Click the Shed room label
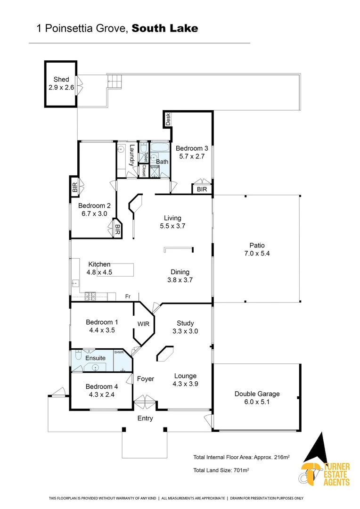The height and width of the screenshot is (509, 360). tap(61, 80)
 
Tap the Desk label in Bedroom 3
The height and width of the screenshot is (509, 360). tap(168, 119)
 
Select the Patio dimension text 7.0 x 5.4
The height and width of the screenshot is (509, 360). tap(257, 253)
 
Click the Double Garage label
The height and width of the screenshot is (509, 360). tap(257, 394)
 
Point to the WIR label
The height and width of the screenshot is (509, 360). tap(143, 324)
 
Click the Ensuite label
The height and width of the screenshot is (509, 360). tap(95, 358)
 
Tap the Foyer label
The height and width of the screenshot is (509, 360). tap(145, 378)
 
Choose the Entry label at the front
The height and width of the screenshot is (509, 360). tap(145, 419)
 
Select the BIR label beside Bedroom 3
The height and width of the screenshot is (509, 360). tap(202, 189)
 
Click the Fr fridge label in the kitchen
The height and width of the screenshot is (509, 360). tap(128, 296)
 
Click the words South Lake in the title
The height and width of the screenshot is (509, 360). tap(165, 28)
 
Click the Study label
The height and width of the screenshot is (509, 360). tap(185, 323)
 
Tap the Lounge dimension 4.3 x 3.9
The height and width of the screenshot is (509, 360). tap(185, 384)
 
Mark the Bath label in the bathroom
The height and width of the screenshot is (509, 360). tap(162, 162)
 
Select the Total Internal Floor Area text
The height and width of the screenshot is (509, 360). tap(241, 457)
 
